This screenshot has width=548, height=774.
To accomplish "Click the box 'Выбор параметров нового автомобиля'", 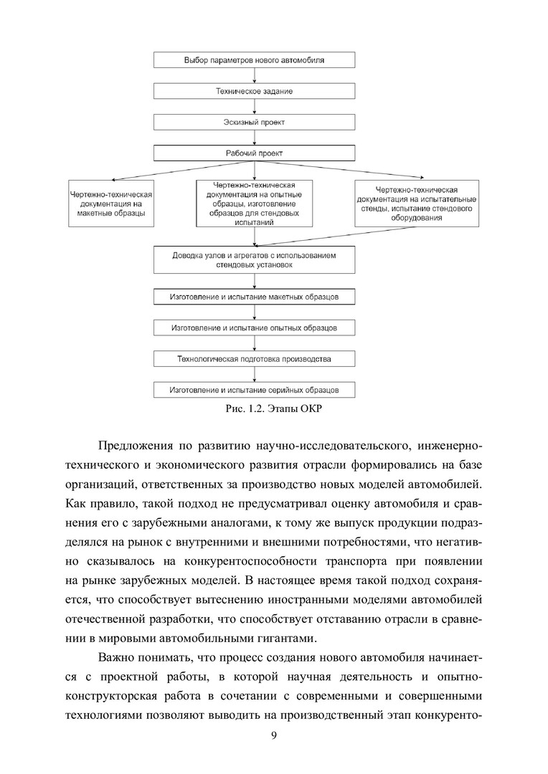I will [x=254, y=60].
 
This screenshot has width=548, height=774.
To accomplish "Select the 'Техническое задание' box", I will [x=254, y=92].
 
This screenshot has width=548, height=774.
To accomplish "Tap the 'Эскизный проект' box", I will [x=254, y=123].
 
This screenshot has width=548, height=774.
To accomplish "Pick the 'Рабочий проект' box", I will [x=254, y=153].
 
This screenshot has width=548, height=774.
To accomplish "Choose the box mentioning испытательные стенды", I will [x=417, y=204].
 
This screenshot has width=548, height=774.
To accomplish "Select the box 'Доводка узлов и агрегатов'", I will [x=254, y=260].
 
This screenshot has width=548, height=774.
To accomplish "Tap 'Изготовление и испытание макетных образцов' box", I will [x=254, y=296].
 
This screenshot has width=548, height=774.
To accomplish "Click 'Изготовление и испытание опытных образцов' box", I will [x=254, y=328].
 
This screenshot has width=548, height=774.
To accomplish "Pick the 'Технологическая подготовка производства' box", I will [x=254, y=358].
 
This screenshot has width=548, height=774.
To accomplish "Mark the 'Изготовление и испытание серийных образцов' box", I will [x=254, y=390].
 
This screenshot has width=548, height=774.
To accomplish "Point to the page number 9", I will [x=274, y=737].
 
